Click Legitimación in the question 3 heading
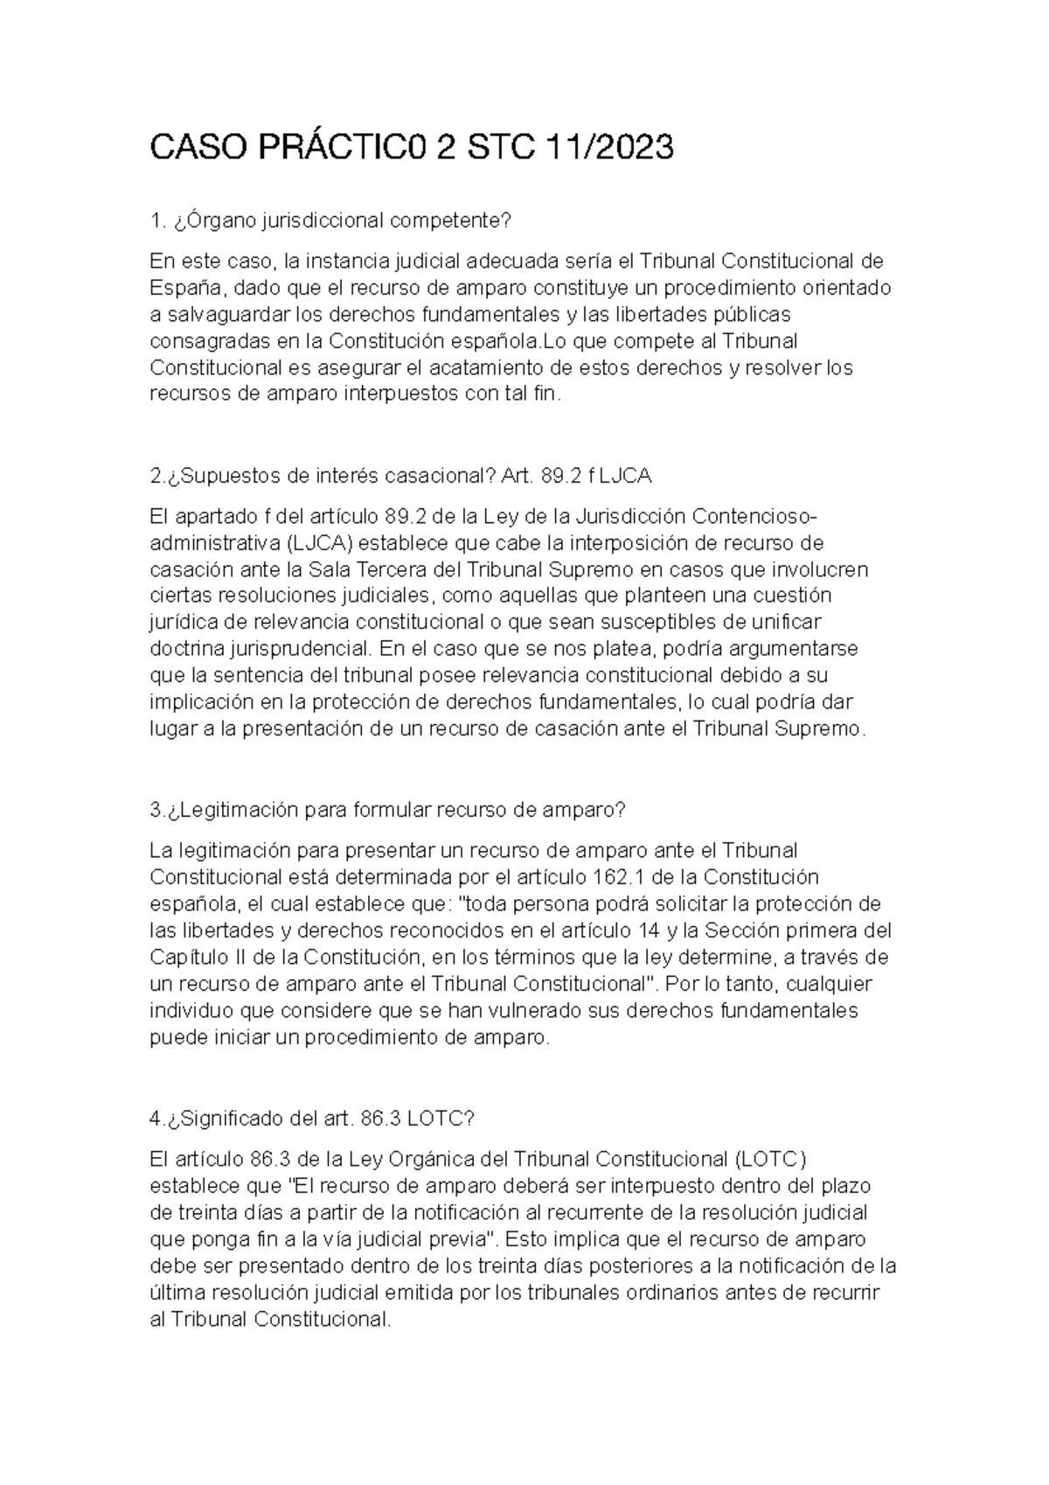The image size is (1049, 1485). pyautogui.click(x=233, y=811)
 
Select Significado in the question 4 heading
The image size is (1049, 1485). pyautogui.click(x=227, y=1119)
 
